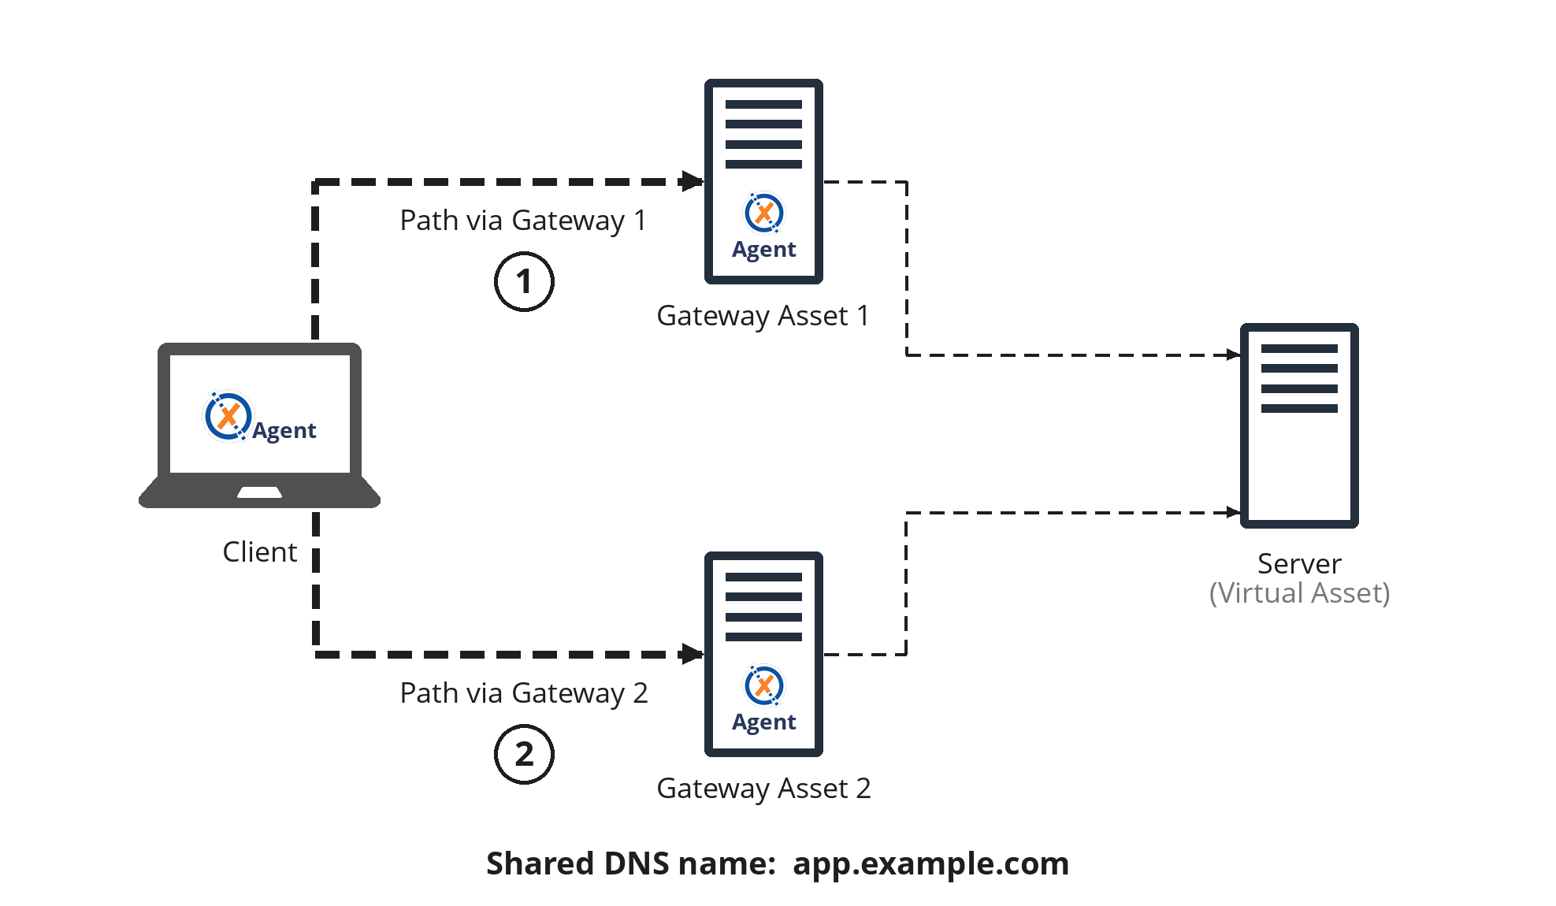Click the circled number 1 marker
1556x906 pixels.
pos(524,282)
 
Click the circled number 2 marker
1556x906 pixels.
pos(524,755)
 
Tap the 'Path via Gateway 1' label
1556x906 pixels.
pos(522,221)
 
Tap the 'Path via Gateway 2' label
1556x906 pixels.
pos(523,693)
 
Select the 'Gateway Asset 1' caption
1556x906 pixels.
pos(763,316)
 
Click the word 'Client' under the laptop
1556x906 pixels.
pos(259,551)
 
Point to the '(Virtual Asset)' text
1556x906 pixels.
pos(1299,593)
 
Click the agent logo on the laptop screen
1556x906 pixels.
pos(228,416)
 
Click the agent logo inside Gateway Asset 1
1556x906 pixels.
pos(763,213)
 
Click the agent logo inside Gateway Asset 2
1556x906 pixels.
pos(763,685)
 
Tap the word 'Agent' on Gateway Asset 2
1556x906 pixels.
pos(763,722)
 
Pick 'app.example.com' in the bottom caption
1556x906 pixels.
pos(930,863)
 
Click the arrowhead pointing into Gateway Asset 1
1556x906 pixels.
pos(693,181)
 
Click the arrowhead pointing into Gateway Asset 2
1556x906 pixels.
pos(693,654)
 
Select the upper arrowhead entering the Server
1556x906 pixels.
pos(1234,355)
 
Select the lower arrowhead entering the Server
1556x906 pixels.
pos(1234,513)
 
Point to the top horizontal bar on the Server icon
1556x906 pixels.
pos(1299,348)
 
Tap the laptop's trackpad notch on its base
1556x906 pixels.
pos(259,493)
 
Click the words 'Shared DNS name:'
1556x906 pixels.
pos(630,863)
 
